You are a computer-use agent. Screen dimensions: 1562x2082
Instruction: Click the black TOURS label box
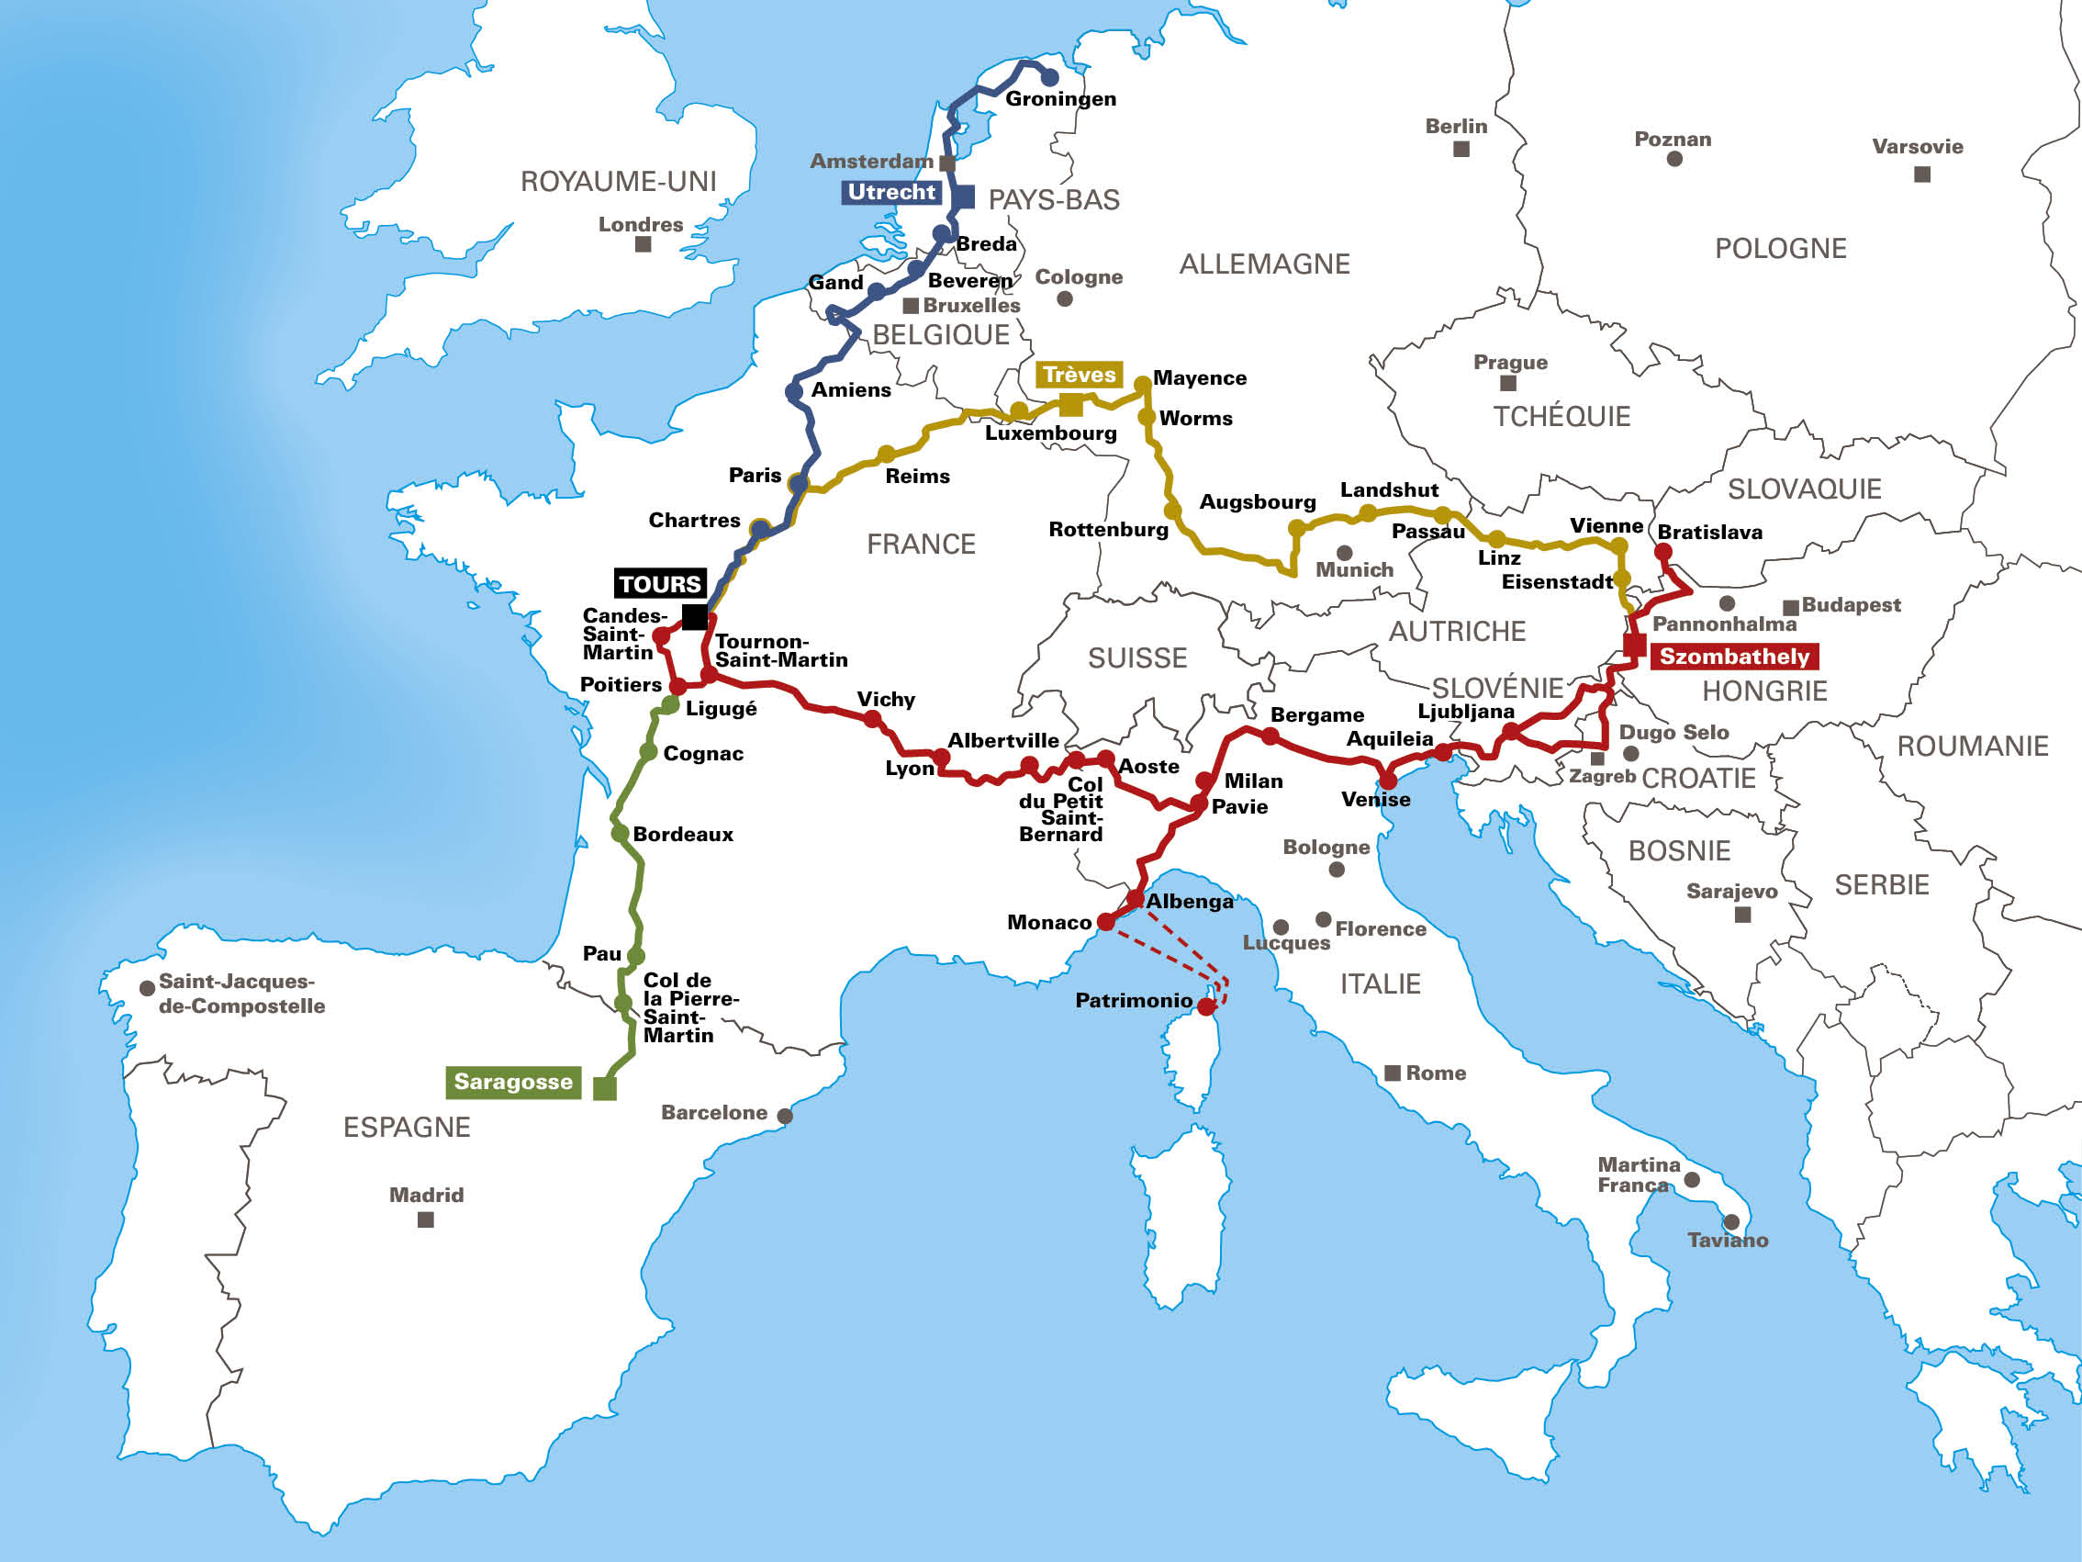[660, 584]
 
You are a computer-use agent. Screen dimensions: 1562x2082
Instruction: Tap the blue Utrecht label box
[891, 192]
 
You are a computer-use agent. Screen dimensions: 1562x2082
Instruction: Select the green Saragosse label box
[513, 1082]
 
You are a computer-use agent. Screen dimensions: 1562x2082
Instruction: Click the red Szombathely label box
[1734, 657]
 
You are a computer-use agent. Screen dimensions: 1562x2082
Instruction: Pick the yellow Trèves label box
[1079, 375]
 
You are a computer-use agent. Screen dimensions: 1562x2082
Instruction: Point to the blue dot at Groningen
[1049, 77]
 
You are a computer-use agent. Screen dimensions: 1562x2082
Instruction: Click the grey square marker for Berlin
[1461, 149]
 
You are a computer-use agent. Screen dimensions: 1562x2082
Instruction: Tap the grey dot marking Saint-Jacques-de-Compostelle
[147, 989]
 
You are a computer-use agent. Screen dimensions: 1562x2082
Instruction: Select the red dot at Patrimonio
[1205, 1006]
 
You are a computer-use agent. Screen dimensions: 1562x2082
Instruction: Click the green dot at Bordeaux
[620, 833]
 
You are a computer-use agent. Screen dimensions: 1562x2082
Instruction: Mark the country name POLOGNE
[1780, 249]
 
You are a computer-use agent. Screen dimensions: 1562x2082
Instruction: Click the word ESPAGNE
[407, 1127]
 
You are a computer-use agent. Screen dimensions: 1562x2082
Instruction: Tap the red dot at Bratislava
[1663, 553]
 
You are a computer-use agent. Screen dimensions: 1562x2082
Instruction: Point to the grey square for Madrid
[425, 1219]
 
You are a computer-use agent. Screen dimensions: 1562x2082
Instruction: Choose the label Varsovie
[1918, 147]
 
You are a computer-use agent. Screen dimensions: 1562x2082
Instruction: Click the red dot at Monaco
[1106, 923]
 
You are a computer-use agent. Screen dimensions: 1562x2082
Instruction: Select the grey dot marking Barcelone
[785, 1116]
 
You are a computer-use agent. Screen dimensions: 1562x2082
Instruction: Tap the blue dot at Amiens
[793, 391]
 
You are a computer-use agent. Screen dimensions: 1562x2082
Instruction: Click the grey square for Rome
[1392, 1073]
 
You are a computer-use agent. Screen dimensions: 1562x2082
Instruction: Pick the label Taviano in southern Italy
[1727, 1240]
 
